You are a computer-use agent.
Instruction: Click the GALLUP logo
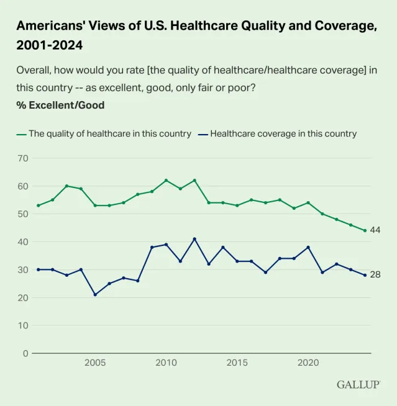pos(358,384)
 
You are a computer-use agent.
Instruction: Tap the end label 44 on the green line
pos(375,230)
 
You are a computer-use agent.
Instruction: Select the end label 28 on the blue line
pos(375,274)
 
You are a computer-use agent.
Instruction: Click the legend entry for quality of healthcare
pos(104,133)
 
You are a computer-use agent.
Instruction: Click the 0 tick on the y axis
pos(25,353)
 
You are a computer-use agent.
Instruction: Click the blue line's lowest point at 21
pos(95,295)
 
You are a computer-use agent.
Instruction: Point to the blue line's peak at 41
pos(194,239)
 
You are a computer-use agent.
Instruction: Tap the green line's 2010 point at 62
pos(166,181)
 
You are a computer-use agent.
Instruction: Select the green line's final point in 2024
pos(365,230)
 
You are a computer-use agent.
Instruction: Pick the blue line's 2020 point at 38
pos(308,247)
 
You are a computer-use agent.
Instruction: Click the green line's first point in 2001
pos(38,205)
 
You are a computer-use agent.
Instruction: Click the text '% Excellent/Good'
pos(60,105)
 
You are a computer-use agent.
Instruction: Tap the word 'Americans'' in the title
pos(47,26)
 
